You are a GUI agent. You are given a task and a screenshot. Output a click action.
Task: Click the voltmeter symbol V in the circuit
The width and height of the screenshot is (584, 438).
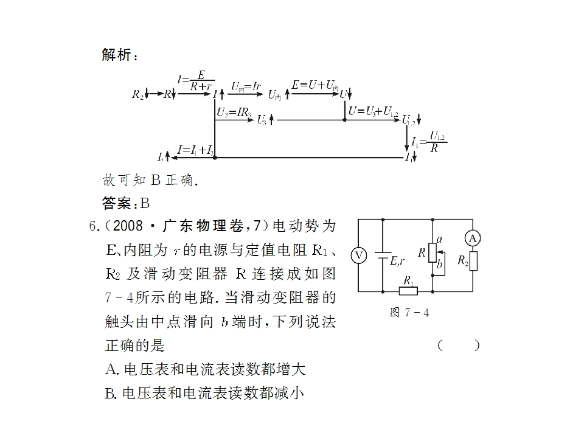click(x=359, y=255)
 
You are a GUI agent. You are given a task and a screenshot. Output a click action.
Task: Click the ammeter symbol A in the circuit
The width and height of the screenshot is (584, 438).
click(x=473, y=238)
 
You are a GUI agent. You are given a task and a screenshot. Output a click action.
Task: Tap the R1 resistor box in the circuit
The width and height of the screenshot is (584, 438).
click(x=408, y=291)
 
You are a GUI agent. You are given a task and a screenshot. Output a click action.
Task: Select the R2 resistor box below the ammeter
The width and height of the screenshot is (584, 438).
click(x=473, y=261)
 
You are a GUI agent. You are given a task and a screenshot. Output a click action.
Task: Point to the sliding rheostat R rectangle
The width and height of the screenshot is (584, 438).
click(x=433, y=253)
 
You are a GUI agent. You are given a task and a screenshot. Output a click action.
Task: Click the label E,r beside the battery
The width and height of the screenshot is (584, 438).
click(x=397, y=262)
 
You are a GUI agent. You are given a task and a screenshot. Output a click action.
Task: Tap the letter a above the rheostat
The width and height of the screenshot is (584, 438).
click(x=439, y=239)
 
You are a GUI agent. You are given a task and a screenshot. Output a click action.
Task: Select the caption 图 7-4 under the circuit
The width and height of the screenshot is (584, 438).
click(x=409, y=312)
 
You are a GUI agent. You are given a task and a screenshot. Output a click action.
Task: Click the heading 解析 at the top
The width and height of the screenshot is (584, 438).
click(x=120, y=55)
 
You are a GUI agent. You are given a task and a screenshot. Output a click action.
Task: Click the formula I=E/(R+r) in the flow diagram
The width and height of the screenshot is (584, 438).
click(x=196, y=81)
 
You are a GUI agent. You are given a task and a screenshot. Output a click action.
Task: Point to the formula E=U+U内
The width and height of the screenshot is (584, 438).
click(x=315, y=85)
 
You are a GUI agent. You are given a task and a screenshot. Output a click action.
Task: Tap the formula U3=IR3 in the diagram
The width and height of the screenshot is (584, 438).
click(x=234, y=112)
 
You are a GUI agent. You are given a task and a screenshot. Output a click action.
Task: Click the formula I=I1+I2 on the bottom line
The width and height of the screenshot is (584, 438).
click(x=195, y=150)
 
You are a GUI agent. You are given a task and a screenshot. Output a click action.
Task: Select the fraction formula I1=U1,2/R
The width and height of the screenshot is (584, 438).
click(x=429, y=142)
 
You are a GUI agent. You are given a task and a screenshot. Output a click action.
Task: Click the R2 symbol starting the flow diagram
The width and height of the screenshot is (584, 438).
click(x=137, y=94)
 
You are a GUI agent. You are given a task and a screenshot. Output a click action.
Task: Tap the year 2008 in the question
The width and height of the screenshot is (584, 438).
click(x=128, y=226)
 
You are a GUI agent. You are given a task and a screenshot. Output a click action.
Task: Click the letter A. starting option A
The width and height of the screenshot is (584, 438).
click(x=113, y=369)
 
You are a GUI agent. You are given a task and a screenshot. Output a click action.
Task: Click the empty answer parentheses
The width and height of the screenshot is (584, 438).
click(x=459, y=346)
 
